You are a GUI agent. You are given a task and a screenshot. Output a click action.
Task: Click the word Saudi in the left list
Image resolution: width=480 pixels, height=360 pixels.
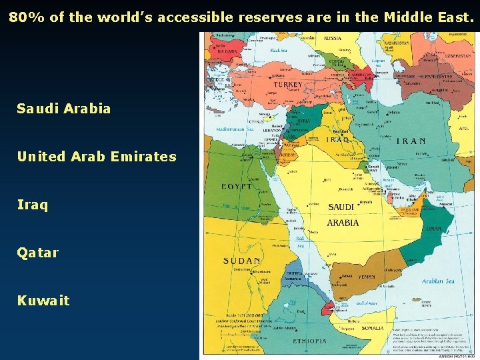39,109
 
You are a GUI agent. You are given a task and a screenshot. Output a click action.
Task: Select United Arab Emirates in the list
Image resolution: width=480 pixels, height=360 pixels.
97,157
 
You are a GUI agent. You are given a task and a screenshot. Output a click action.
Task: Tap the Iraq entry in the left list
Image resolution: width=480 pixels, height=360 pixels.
33,205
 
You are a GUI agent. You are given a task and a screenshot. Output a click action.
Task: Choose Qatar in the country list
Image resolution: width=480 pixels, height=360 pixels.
38,253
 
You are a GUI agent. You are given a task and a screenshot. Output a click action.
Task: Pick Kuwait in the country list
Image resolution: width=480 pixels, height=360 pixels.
43,301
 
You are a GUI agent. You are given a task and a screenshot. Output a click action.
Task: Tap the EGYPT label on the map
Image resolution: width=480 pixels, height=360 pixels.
237,187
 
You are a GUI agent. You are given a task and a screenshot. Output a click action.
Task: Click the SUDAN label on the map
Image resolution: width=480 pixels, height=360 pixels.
242,260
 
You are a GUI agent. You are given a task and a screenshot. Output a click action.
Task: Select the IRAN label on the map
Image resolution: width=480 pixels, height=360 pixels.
411,141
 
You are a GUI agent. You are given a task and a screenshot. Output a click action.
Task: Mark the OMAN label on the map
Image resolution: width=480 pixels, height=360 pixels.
433,229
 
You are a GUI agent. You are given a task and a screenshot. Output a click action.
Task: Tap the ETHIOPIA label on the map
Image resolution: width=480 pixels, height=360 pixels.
310,341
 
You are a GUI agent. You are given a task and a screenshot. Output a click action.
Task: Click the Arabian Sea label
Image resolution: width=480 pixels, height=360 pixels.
437,281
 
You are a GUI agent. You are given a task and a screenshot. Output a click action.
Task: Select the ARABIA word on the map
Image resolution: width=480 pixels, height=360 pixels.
343,223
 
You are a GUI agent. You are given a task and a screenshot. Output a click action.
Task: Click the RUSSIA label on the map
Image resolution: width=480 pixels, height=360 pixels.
333,39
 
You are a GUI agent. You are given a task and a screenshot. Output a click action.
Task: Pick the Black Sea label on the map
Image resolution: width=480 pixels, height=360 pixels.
279,50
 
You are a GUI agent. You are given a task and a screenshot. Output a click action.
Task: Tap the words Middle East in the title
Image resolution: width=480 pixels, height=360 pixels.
430,17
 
